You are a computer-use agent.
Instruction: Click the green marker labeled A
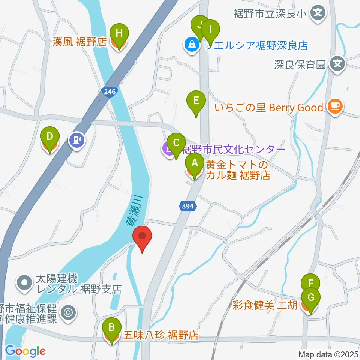coord(195,163)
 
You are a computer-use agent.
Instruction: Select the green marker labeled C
coord(176,143)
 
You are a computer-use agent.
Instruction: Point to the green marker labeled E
coord(196,100)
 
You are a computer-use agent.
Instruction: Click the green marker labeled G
coord(311,297)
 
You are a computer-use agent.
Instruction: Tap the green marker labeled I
coord(210,29)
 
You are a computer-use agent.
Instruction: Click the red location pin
coord(142,237)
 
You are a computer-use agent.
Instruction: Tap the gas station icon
coord(77,141)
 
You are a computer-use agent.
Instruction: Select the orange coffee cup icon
coord(334,106)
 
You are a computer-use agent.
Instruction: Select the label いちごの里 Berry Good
coord(268,108)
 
